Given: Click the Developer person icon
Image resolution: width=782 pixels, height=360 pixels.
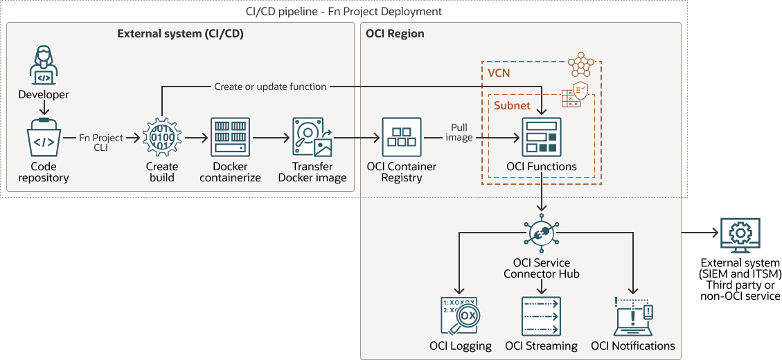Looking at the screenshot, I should click(x=43, y=66).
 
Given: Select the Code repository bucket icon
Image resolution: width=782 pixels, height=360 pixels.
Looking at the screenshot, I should click(x=44, y=138).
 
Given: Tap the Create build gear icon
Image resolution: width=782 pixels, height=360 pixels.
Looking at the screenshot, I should click(x=161, y=138).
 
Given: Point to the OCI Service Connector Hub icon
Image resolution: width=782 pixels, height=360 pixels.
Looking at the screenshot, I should click(x=541, y=233).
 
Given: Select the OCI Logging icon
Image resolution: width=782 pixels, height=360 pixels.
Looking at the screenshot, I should click(x=460, y=316).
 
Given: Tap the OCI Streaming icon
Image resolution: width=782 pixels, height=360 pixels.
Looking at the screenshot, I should click(x=541, y=316).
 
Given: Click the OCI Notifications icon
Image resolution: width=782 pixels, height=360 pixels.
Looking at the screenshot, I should click(x=632, y=316).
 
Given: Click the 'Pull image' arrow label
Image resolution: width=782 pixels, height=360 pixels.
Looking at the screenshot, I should click(x=459, y=132).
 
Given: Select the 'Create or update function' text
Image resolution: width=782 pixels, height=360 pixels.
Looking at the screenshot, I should click(x=270, y=87).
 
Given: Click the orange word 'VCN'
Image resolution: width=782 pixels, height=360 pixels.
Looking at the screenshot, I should click(x=499, y=73).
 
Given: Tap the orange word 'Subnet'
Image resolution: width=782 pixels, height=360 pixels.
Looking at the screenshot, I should click(x=511, y=105).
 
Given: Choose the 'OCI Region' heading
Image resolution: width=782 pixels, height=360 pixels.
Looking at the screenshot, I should click(x=395, y=33).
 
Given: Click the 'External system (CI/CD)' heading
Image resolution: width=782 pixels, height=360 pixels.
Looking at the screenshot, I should click(x=180, y=33).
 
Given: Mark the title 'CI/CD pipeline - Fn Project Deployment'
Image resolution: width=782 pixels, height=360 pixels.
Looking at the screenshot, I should click(x=344, y=12).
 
